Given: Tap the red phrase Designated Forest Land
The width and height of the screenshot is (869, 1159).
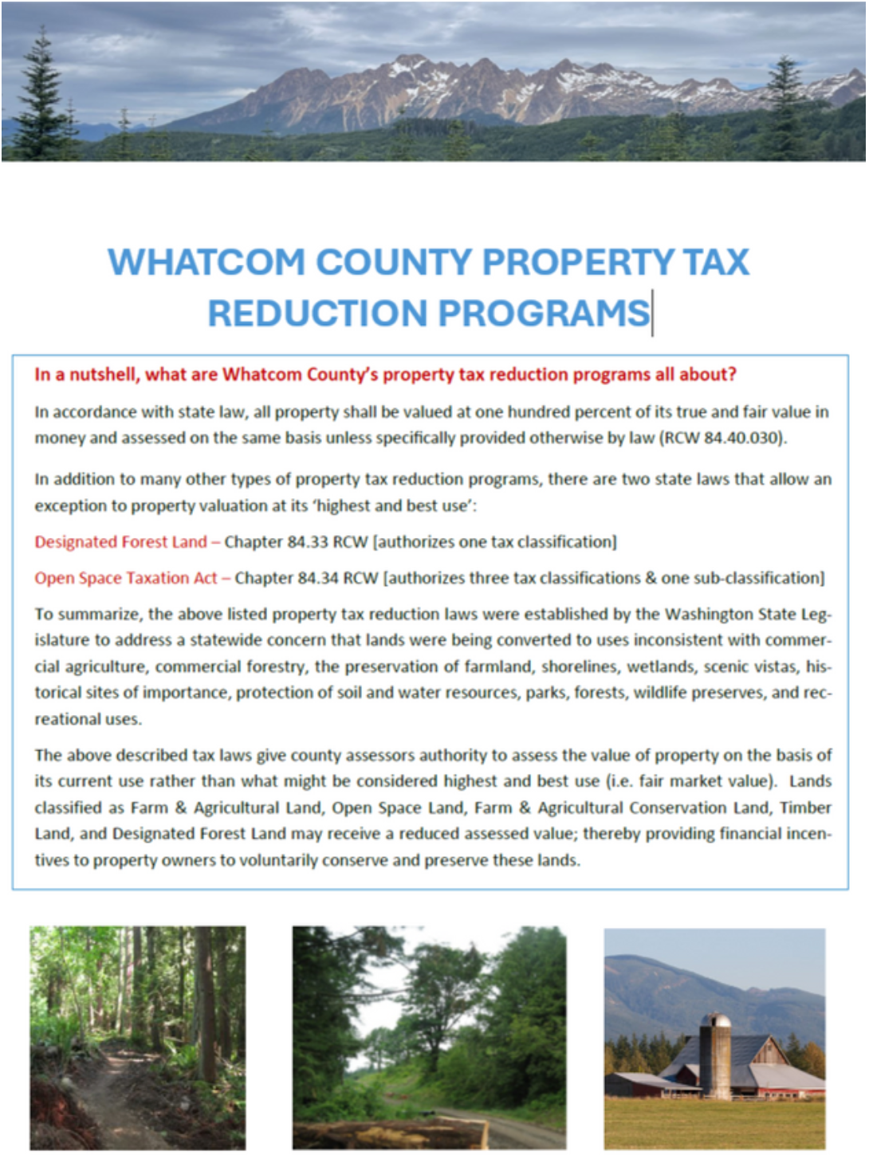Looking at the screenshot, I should (120, 542).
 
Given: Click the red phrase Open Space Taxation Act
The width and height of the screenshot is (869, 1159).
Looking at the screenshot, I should (125, 578).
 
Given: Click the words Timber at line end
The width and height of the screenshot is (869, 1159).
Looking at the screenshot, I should (805, 807).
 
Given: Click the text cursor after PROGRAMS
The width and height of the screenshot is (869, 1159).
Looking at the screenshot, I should (652, 313).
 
